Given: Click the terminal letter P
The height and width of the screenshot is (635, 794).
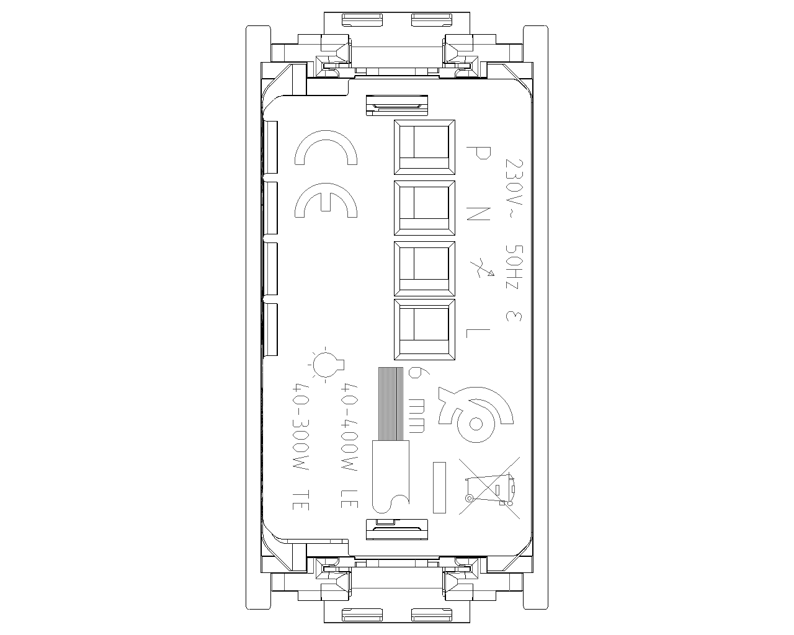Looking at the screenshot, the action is coord(478,153).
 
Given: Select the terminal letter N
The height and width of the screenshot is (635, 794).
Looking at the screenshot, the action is coord(478,214).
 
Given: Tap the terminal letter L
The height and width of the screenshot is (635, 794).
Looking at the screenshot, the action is coord(478,333).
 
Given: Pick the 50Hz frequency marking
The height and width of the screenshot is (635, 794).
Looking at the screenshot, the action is coord(514,267).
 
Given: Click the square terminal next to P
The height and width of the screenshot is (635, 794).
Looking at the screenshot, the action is coord(424,147).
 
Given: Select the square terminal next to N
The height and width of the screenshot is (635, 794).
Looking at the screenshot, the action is coord(424,208).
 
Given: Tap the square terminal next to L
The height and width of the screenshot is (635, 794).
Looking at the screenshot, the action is coord(424,329).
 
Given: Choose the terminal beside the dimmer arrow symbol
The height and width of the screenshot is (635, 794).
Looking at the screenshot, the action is coord(424,269).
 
